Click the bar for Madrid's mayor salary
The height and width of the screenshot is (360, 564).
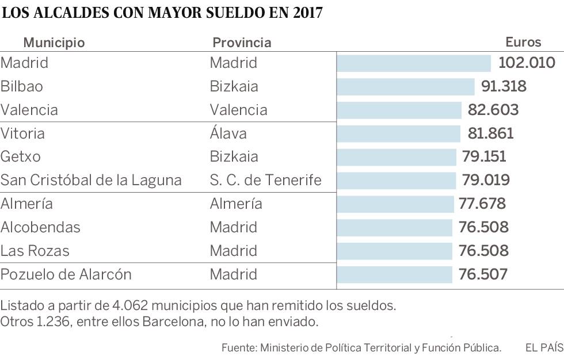pyautogui.click(x=413, y=63)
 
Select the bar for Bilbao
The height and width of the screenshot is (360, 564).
pyautogui.click(x=405, y=87)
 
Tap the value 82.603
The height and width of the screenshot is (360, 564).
pyautogui.click(x=493, y=110)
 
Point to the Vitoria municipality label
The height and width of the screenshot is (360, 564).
pyautogui.click(x=22, y=133)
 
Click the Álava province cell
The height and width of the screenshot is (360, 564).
pyautogui.click(x=228, y=133)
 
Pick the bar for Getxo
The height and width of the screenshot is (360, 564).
pyautogui.click(x=397, y=157)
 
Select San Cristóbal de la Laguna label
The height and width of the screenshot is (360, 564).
pyautogui.click(x=91, y=181)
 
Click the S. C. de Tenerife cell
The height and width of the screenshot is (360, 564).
pyautogui.click(x=265, y=181)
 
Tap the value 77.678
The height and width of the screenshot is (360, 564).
pyautogui.click(x=482, y=204)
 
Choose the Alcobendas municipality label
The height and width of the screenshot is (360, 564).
pyautogui.click(x=40, y=227)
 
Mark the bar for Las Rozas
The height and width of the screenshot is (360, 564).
pyautogui.click(x=395, y=251)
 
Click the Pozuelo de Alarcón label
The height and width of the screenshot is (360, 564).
pyautogui.click(x=66, y=274)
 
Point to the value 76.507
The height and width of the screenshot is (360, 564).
pyautogui.click(x=483, y=274)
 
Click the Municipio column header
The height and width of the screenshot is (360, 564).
pyautogui.click(x=54, y=43)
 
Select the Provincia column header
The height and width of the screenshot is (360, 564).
pyautogui.click(x=242, y=43)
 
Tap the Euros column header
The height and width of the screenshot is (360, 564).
pyautogui.click(x=523, y=42)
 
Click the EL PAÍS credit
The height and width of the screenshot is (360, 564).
pyautogui.click(x=544, y=348)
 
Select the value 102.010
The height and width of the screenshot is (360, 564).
pyautogui.click(x=527, y=63)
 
